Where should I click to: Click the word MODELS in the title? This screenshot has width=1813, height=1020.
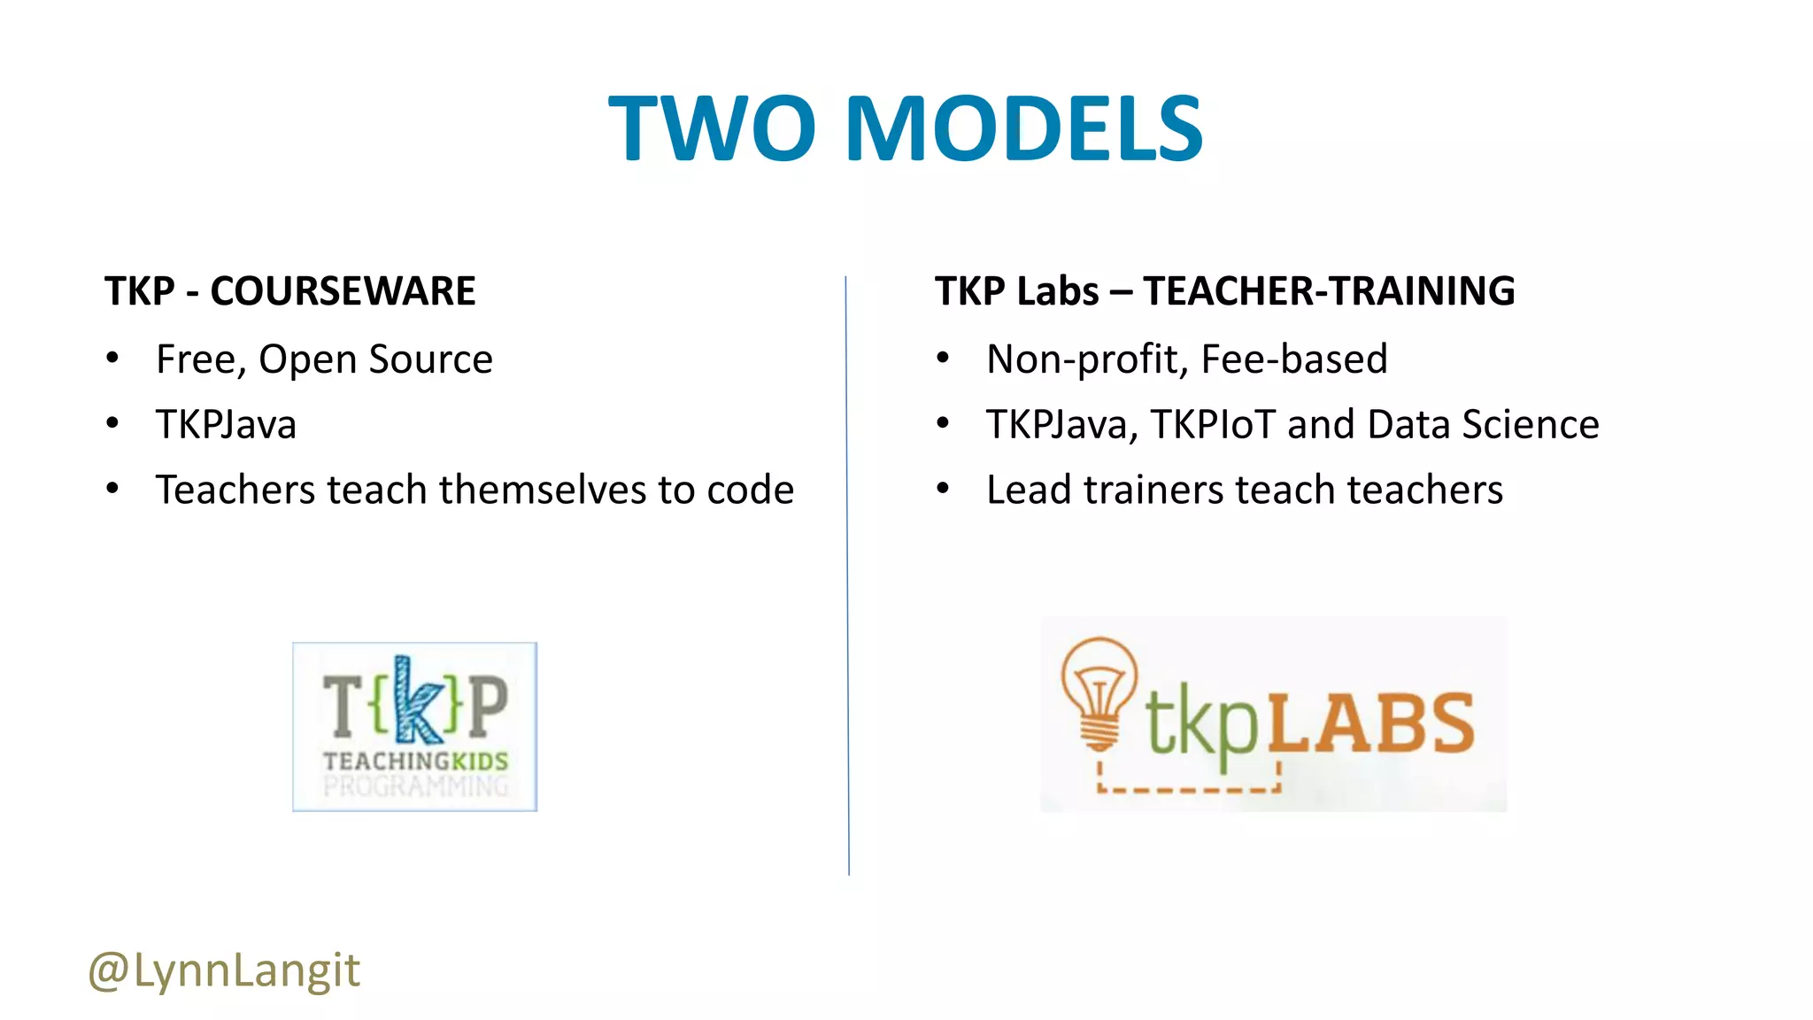(1024, 129)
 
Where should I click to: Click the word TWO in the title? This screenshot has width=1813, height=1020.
(712, 129)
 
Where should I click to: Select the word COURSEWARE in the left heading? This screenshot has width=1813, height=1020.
(343, 291)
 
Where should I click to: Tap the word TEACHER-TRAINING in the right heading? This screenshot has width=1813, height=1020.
(1329, 291)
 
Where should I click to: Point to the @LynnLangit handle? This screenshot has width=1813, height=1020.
(224, 970)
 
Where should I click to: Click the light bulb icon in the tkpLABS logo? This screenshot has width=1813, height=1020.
(1099, 691)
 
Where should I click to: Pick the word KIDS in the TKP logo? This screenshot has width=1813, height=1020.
(480, 761)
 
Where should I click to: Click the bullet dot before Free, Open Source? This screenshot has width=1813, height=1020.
(112, 359)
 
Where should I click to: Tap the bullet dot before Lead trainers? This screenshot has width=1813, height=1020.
(943, 489)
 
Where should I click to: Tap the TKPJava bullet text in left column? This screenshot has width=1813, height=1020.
(226, 424)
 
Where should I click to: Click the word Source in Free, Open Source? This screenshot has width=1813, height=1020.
(430, 359)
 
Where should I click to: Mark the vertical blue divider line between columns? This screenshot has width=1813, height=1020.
(847, 576)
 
